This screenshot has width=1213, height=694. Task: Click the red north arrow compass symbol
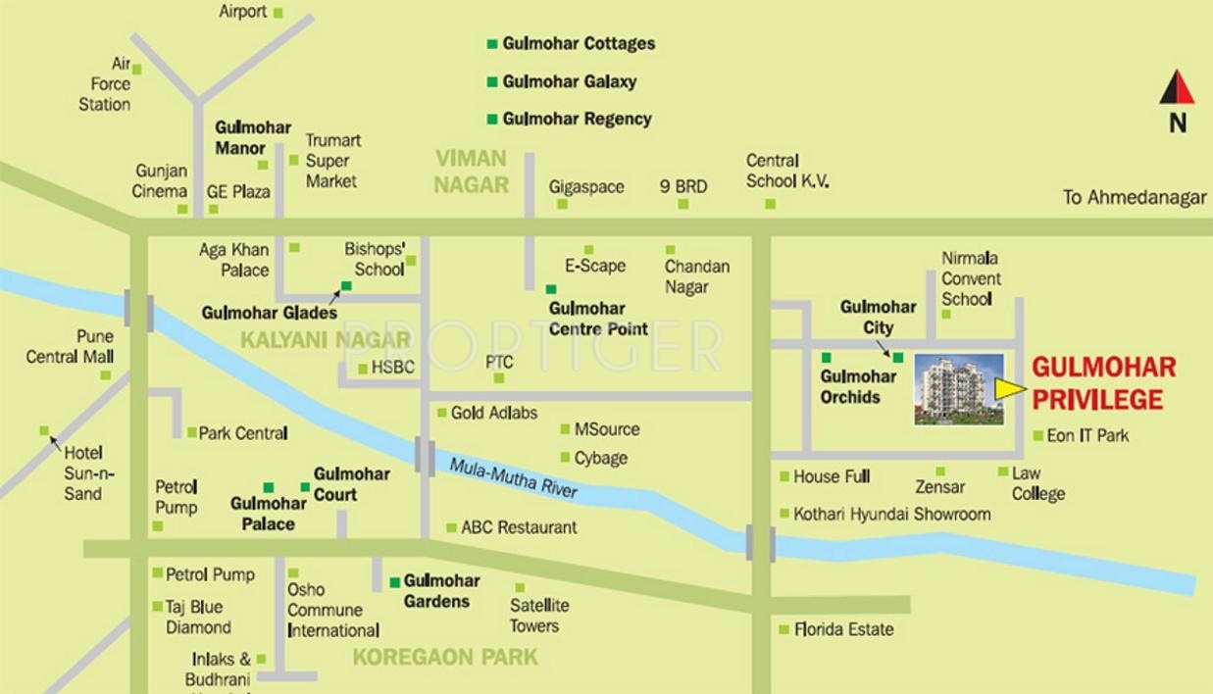[1177, 88]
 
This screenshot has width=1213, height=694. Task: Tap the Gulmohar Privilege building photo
[958, 389]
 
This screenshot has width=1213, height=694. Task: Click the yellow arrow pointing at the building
[1009, 389]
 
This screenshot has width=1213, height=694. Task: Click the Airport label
[242, 12]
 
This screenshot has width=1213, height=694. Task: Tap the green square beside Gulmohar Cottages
[492, 44]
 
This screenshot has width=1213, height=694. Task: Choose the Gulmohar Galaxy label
[569, 81]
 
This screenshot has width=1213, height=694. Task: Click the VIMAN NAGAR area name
[472, 172]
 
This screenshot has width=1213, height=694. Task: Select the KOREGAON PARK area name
[445, 657]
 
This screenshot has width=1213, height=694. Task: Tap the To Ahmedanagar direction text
[1135, 197]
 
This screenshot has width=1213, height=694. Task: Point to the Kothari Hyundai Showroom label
[891, 514]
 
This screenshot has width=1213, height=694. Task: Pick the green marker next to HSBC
[362, 369]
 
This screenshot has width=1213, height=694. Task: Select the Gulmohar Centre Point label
[598, 319]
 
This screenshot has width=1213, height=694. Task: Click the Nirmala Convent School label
[971, 278]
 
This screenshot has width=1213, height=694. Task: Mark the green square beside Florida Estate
[783, 629]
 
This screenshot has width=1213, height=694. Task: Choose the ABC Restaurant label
[519, 527]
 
